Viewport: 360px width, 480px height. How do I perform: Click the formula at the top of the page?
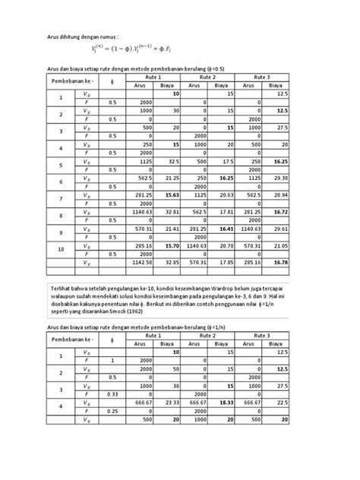pos(134,52)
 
